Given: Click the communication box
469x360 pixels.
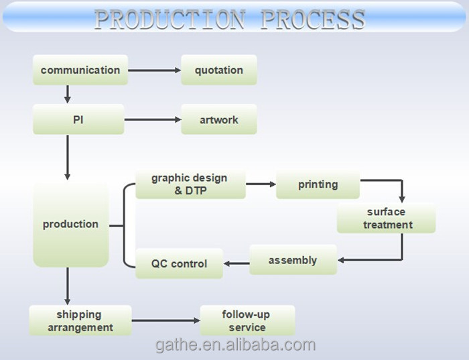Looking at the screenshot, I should (80, 70).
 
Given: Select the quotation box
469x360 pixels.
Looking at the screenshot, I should (218, 70).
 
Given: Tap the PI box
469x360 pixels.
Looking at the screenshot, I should (78, 120).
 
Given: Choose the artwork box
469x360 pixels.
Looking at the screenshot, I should (218, 120).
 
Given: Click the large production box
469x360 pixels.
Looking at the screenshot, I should (70, 224).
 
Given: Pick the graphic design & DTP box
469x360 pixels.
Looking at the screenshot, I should (190, 184).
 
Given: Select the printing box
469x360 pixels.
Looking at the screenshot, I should (318, 184).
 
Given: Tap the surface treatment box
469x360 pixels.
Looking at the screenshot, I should (386, 219).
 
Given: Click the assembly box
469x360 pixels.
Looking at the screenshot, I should (293, 259).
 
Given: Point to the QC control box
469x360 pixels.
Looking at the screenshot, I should (180, 263).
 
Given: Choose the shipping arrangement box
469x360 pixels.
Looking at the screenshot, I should (80, 320).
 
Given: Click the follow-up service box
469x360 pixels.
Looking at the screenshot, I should (247, 320).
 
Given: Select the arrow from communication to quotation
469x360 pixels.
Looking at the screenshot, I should (154, 70).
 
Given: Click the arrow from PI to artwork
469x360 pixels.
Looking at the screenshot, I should (153, 120).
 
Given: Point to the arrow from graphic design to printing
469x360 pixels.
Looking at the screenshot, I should (261, 184).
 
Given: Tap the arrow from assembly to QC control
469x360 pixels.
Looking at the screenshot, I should (237, 263).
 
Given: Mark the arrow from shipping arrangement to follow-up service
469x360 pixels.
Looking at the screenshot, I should (165, 321).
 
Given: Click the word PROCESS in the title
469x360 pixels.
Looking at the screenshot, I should (312, 19).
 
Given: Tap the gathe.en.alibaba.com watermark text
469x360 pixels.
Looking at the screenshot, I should (234, 345).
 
